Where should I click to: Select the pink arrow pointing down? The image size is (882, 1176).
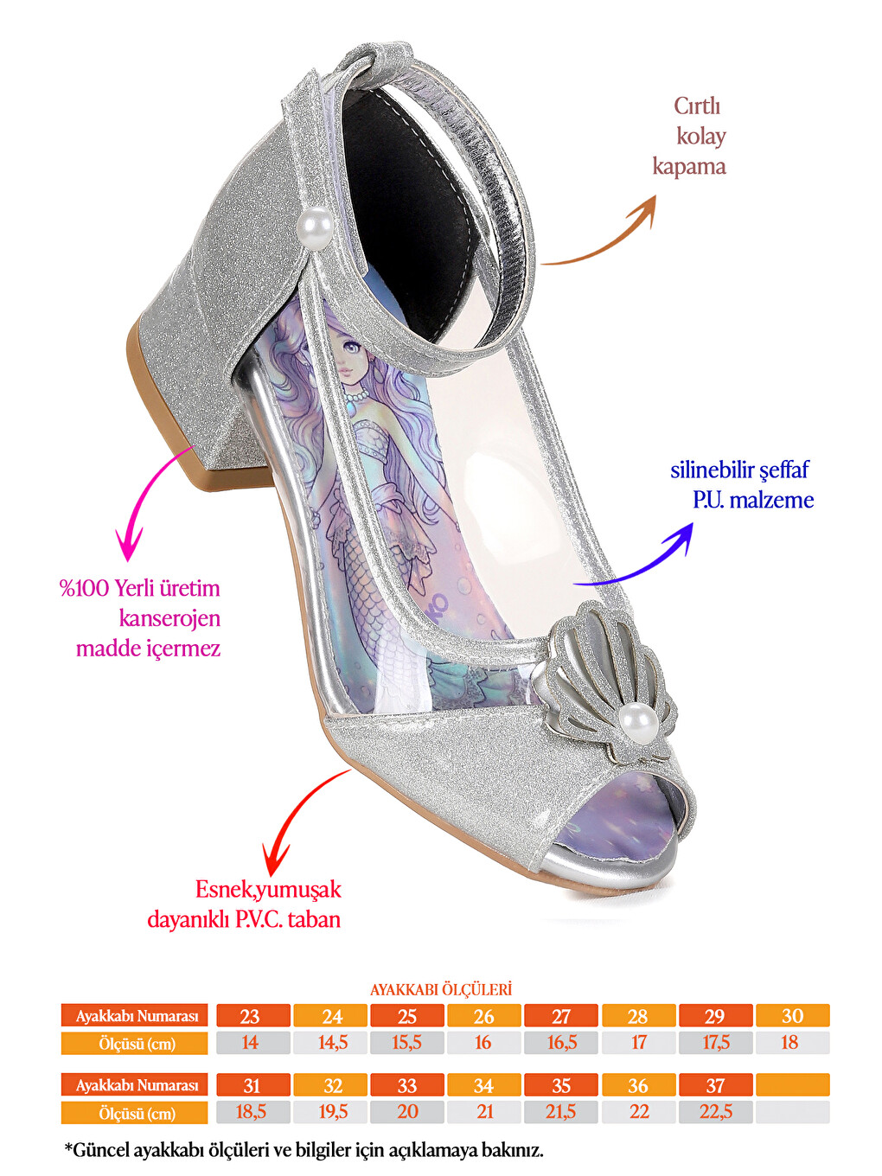point(144,493)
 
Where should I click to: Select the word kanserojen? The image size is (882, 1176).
point(169,618)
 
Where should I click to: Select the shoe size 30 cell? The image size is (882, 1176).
point(793,1016)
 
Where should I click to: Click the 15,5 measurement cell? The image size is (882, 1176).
point(407,1043)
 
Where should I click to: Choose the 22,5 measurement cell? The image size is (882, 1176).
point(716,1112)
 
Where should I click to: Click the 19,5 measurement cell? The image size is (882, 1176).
point(330,1112)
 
